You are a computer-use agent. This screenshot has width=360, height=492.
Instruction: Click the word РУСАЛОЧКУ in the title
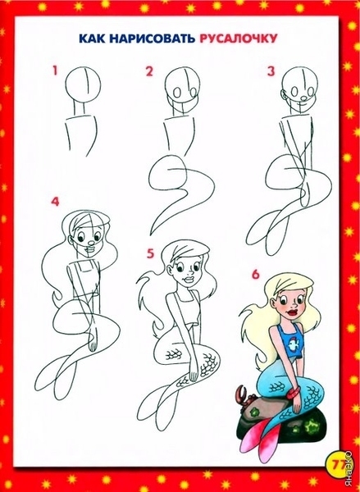point(239,39)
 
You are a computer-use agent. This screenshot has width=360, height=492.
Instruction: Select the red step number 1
point(56,71)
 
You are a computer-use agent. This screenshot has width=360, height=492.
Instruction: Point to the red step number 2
point(149,71)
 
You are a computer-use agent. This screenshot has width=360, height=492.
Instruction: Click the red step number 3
point(271,71)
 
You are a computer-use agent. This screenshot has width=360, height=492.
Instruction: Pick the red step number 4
point(55,202)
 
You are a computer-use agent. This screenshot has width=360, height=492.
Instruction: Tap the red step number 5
point(151,253)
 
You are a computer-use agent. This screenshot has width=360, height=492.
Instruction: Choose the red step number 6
point(256,274)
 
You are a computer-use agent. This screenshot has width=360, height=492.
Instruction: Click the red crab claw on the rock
point(242,393)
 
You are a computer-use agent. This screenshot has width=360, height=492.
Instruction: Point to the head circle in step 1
point(83,84)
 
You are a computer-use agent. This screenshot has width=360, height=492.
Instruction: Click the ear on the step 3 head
point(284,95)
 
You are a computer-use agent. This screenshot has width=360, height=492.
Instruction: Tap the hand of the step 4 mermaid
point(93,344)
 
